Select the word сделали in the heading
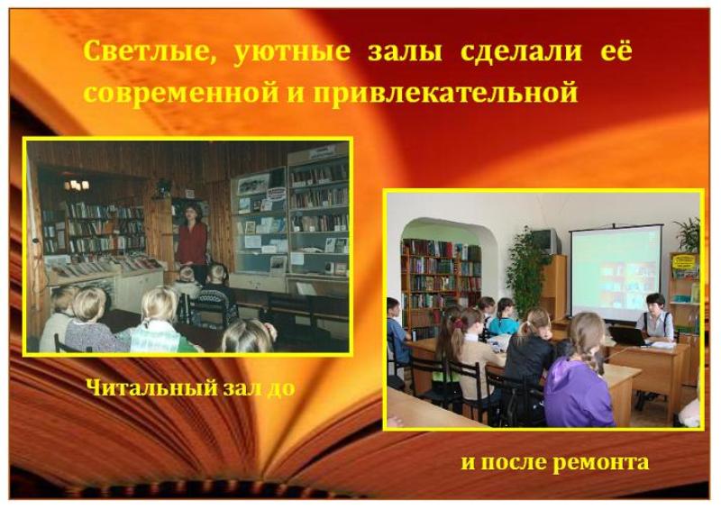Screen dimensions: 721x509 [521, 52]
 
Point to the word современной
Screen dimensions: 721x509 [181, 92]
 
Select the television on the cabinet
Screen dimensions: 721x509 [546, 241]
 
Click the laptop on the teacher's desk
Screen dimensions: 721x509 [627, 335]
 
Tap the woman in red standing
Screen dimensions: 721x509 [192, 242]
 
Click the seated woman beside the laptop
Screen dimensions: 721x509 [656, 319]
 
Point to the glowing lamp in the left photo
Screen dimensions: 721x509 [77, 185]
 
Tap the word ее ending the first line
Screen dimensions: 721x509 [616, 50]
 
